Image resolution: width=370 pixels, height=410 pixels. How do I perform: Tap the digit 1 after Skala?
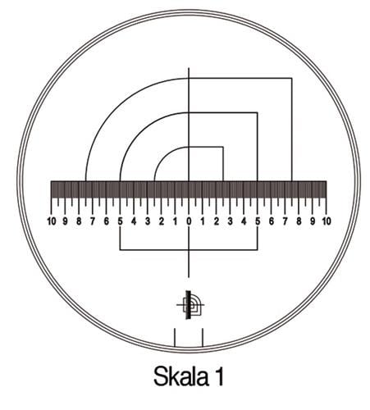coord(219,378)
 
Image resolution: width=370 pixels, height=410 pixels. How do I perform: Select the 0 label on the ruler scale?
coord(189,221)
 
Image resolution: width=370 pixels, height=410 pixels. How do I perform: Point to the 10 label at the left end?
coord(52,221)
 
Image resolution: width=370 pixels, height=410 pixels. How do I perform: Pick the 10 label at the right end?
coord(326,221)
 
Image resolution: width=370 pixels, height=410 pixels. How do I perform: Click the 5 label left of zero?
coord(120,221)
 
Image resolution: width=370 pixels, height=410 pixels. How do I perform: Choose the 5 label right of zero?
coord(258,221)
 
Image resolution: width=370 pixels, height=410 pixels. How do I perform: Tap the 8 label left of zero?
coord(79,221)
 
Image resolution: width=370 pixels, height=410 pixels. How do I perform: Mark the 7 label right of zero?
coord(285,221)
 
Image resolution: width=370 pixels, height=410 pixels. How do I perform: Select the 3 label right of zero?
coord(230,221)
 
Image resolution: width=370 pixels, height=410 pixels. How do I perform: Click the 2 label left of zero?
coord(161,221)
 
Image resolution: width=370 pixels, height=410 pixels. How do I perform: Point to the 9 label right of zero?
coord(313,221)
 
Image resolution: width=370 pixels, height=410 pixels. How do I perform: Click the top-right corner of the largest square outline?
coord(292,78)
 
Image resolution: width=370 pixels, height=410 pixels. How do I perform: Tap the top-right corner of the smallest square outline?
coord(223,147)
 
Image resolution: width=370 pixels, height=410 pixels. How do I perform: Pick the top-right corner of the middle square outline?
coord(258,112)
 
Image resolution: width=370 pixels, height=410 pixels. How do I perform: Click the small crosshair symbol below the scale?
coord(190,305)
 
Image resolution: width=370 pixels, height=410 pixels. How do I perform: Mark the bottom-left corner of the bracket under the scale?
coord(120,248)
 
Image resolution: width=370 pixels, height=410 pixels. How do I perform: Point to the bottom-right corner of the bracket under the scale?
coord(258,248)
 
